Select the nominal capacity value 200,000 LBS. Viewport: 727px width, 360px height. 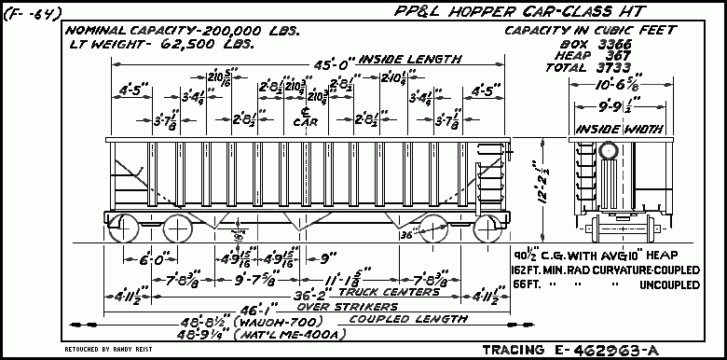[247, 30]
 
